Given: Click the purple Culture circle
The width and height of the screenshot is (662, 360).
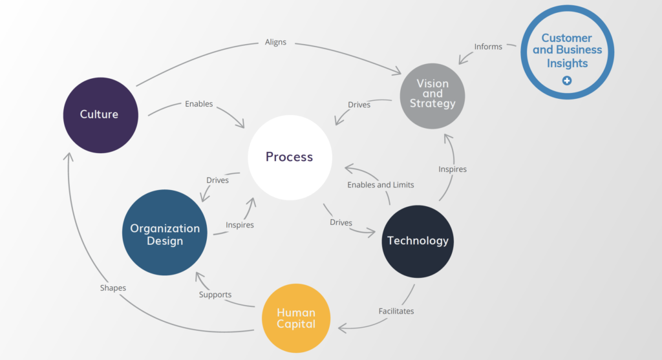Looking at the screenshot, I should [x=100, y=114].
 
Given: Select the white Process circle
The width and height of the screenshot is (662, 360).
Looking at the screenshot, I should [x=290, y=157].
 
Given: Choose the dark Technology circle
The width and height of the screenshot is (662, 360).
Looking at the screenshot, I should [x=418, y=241].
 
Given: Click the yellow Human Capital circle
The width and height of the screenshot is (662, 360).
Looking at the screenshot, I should [x=296, y=318].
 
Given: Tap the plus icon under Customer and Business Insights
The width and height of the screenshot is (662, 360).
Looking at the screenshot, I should [x=567, y=81].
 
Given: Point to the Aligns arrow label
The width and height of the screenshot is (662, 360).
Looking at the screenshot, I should [x=275, y=42].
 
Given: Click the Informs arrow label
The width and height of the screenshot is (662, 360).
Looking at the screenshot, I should [x=488, y=47].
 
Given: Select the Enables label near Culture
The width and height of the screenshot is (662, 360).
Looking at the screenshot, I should [x=198, y=103].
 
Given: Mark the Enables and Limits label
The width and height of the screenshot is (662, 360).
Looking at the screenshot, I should [x=380, y=185].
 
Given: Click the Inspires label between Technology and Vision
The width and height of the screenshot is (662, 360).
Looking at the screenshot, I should [x=453, y=169].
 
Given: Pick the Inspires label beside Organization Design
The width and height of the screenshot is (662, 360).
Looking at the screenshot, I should [x=240, y=225].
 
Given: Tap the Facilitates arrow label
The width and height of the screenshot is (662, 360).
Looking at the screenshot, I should [x=396, y=311].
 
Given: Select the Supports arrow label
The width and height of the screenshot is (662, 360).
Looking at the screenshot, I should [x=215, y=295].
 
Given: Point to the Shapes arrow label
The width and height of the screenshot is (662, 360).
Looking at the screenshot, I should [x=113, y=288].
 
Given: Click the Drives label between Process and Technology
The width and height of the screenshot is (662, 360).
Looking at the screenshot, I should [x=341, y=222].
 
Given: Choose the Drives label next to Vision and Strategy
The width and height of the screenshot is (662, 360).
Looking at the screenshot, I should [x=359, y=105].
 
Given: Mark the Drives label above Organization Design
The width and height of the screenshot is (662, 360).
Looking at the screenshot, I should [x=217, y=180].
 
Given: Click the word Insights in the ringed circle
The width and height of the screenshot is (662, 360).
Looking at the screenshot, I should [x=567, y=63].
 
